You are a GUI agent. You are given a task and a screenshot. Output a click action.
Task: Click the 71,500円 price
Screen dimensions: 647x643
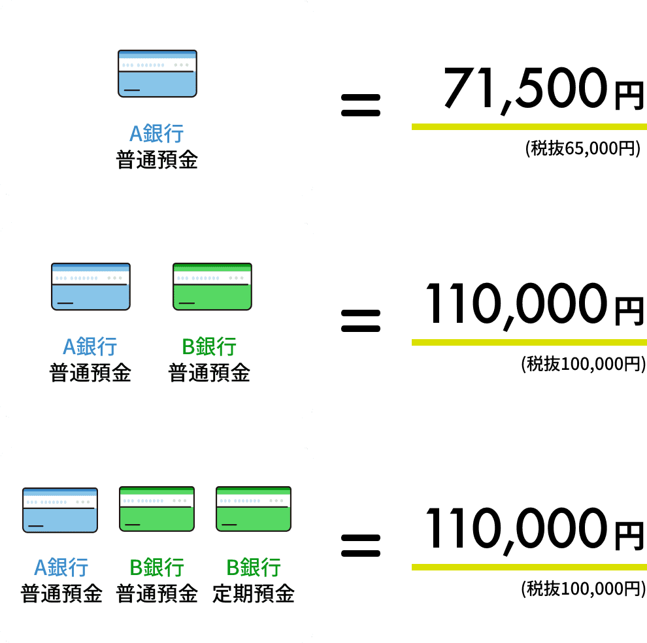pos(544,90)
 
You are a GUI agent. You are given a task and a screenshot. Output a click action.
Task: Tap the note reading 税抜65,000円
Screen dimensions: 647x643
pos(583,148)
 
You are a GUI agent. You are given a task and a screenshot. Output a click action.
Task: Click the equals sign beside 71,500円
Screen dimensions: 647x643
pos(361,105)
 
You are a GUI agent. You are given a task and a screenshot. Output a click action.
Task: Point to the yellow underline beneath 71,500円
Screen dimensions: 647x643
pos(529,127)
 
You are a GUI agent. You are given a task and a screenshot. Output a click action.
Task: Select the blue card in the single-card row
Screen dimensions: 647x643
pos(158,74)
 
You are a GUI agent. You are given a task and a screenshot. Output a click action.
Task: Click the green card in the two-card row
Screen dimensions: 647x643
pos(212,286)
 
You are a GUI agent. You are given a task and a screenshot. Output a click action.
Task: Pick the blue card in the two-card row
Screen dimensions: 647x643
pos(91,286)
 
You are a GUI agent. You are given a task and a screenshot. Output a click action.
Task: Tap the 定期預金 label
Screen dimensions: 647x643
pos(254,594)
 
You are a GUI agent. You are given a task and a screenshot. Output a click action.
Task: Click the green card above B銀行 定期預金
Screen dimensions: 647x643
pos(254,509)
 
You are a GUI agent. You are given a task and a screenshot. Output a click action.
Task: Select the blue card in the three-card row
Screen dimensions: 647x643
pos(60,510)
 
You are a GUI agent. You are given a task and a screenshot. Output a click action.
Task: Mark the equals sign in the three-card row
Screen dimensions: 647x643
pos(361,546)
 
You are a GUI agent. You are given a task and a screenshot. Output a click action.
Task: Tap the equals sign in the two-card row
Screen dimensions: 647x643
pos(361,321)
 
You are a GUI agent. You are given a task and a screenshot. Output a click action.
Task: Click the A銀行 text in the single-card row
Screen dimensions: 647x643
pos(157,134)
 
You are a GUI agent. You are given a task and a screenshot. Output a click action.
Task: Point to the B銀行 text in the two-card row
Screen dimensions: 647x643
pos(209,347)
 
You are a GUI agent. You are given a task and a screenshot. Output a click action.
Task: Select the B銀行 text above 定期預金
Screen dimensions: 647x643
pos(254,567)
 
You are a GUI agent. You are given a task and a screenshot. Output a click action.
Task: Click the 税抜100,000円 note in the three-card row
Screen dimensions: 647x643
pos(583,589)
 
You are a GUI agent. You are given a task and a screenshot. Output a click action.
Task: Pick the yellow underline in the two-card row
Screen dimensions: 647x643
pos(529,342)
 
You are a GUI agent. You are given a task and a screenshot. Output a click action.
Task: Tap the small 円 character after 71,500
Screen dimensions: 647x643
pos(629,96)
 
